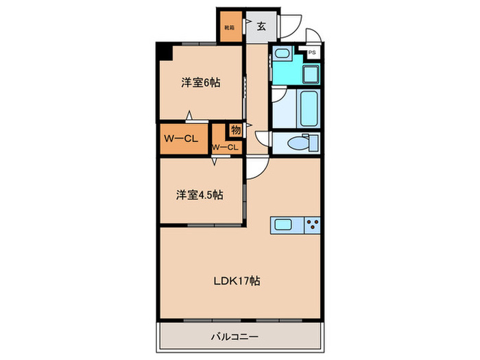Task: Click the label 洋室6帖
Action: pyautogui.click(x=201, y=83)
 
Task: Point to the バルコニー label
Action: pyautogui.click(x=239, y=337)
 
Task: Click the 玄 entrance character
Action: pyautogui.click(x=261, y=27)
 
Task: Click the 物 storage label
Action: pyautogui.click(x=235, y=129)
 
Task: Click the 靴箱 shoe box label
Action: pyautogui.click(x=229, y=27)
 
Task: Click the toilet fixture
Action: pyautogui.click(x=300, y=143)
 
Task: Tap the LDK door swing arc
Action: pyautogui.click(x=256, y=168)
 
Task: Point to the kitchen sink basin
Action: pyautogui.click(x=283, y=224)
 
